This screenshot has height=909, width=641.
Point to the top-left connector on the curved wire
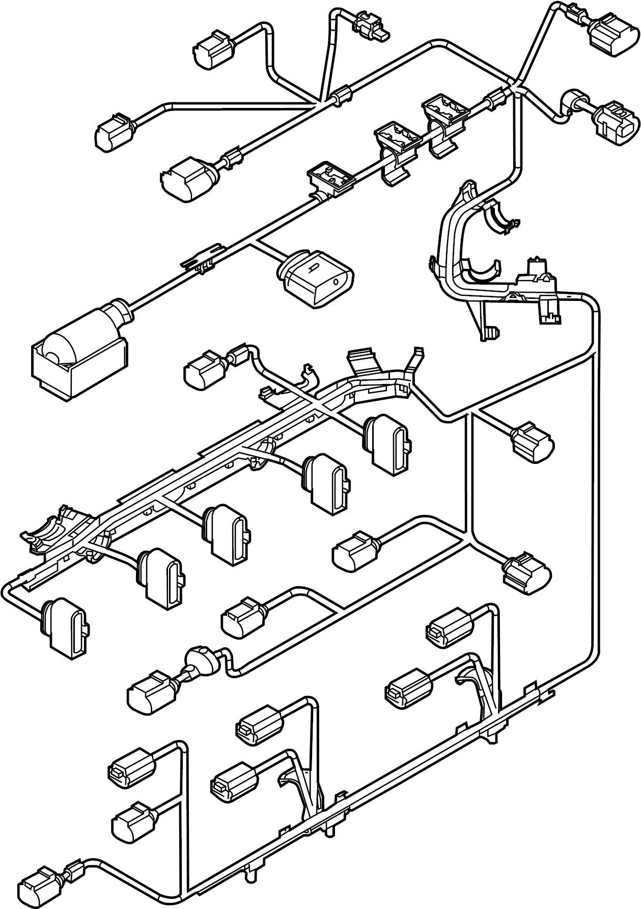[214, 48]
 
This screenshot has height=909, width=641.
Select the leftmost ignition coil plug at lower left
[66, 624]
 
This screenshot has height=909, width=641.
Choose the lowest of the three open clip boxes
[331, 178]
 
